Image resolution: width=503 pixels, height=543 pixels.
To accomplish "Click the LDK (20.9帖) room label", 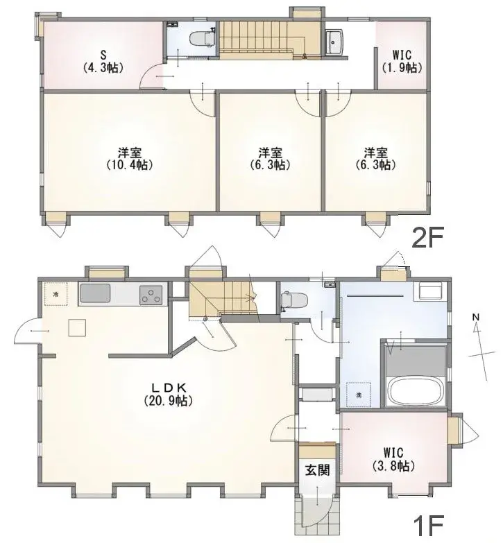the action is point(168,394).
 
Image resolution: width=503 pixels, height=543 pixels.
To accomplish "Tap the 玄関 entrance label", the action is point(317,470).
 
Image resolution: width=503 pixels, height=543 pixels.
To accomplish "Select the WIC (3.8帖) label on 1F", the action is point(393,459).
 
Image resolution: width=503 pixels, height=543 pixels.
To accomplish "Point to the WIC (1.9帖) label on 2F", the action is point(402,61).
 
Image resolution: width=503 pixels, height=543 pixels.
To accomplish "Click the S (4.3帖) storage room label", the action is point(103,61).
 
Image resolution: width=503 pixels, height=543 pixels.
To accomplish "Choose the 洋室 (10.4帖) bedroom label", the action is point(130,159).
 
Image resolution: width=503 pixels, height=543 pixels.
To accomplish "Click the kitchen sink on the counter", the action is point(94,293).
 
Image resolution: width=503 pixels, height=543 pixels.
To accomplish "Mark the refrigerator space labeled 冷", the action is point(56,294).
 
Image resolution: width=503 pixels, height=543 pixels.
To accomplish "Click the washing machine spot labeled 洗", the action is point(359,395).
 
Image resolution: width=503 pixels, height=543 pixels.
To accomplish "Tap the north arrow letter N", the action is point(476,316).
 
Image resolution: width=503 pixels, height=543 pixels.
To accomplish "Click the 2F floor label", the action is point(427,238).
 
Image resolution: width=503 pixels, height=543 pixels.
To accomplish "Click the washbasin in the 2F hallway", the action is point(334,42).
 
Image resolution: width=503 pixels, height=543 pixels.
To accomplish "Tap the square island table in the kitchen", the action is point(77,327).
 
